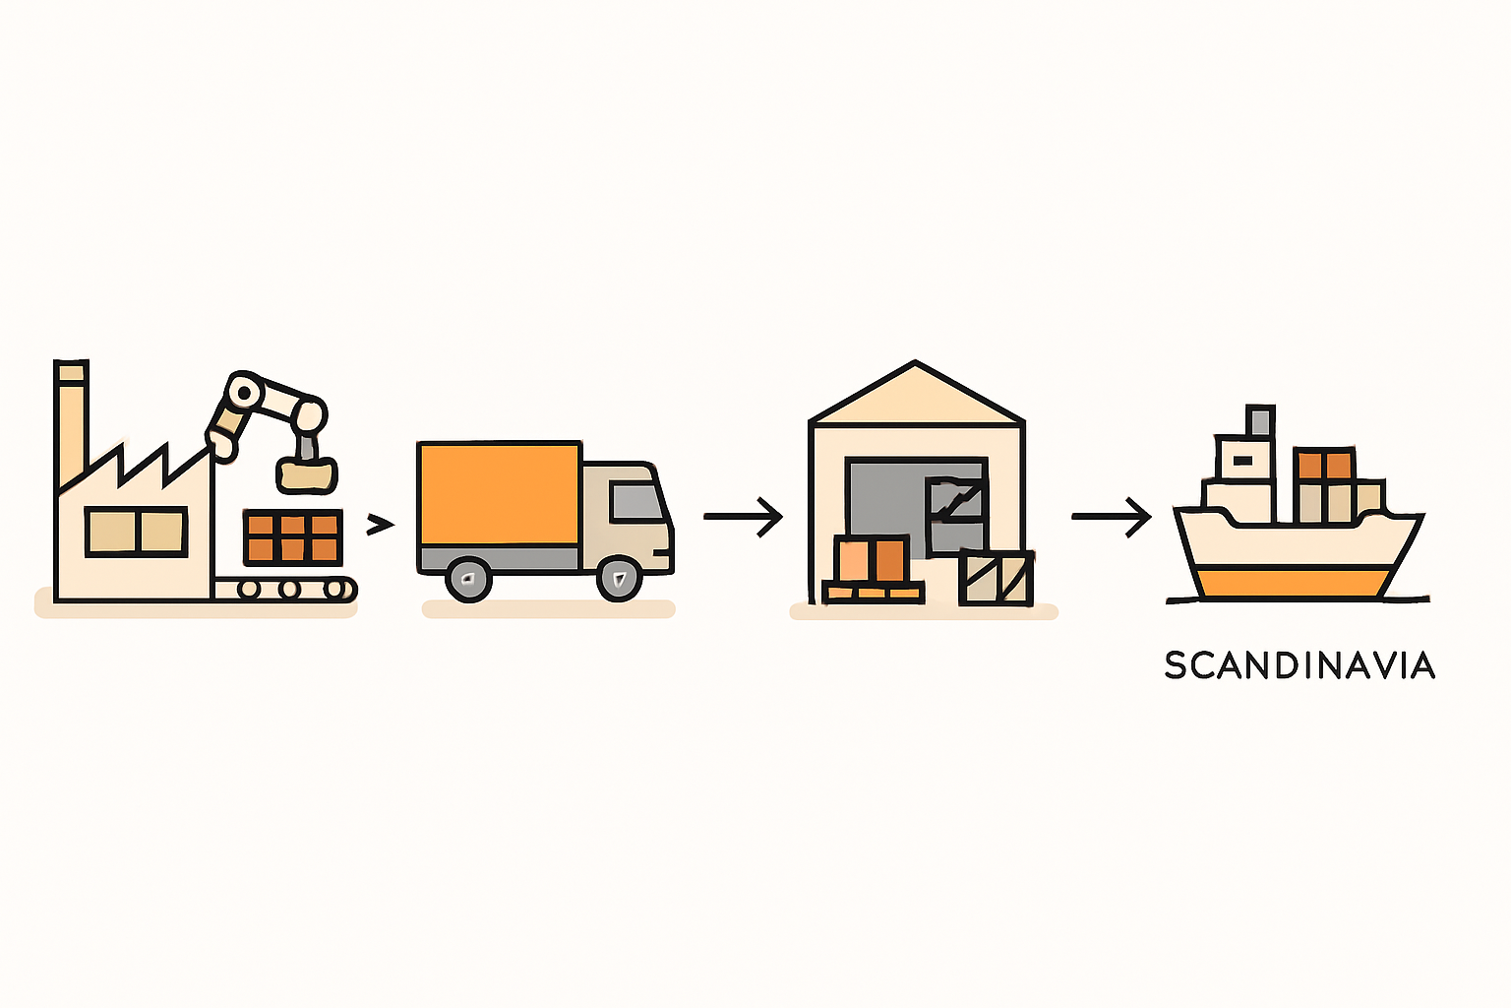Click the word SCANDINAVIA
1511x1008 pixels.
pos(1299,665)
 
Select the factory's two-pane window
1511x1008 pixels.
pos(137,532)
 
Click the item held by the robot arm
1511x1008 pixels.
pos(307,473)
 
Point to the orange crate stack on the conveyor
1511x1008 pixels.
pos(293,537)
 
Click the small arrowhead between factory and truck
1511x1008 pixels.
pos(380,525)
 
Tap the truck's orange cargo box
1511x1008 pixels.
pos(499,493)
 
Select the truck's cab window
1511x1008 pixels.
pos(636,502)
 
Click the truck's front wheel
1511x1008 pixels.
pos(619,578)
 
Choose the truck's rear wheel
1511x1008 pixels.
pos(468,579)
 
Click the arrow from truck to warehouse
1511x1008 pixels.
pos(744,517)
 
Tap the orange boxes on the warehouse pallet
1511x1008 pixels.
pos(872,558)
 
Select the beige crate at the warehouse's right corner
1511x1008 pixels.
pos(996,577)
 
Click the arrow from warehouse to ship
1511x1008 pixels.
pos(1112,517)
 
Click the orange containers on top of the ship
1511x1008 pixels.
pos(1325,466)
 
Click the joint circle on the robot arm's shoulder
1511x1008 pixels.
pos(245,392)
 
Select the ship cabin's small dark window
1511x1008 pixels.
pos(1241,461)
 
